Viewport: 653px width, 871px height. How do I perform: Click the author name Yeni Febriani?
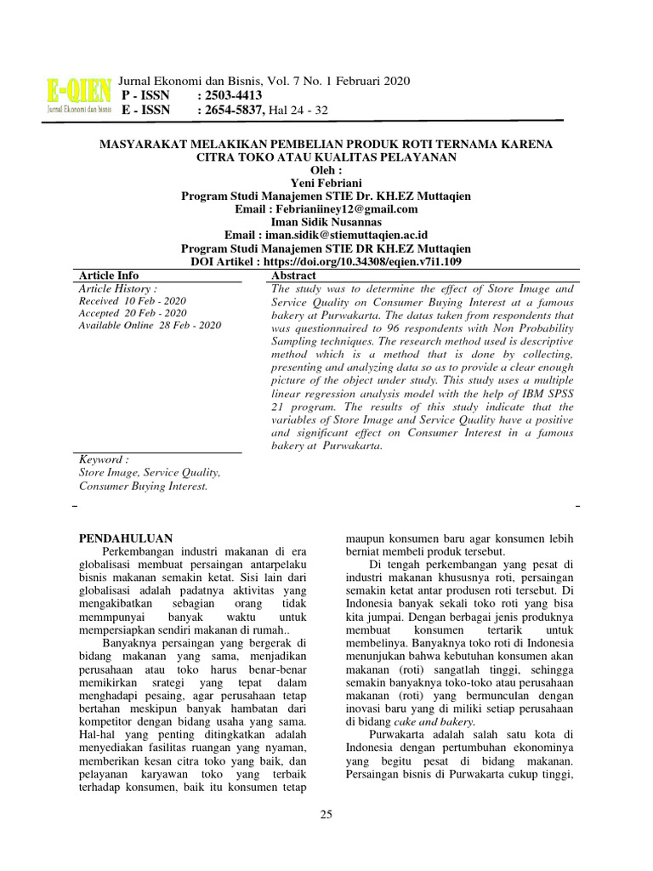point(326,183)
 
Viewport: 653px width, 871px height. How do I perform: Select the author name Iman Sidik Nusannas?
point(326,222)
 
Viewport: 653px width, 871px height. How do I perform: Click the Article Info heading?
point(109,276)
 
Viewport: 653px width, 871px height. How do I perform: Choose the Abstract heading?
point(293,276)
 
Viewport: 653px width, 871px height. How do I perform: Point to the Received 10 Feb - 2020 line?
point(132,301)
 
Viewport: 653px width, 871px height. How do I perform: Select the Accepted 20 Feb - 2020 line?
point(132,313)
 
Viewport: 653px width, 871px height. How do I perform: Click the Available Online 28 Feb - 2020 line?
point(150,326)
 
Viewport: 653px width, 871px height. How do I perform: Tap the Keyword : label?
point(104,459)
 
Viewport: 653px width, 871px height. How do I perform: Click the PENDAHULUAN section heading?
point(126,538)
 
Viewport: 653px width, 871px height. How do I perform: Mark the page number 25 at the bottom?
point(326,815)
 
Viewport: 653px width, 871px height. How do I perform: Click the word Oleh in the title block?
point(326,170)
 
